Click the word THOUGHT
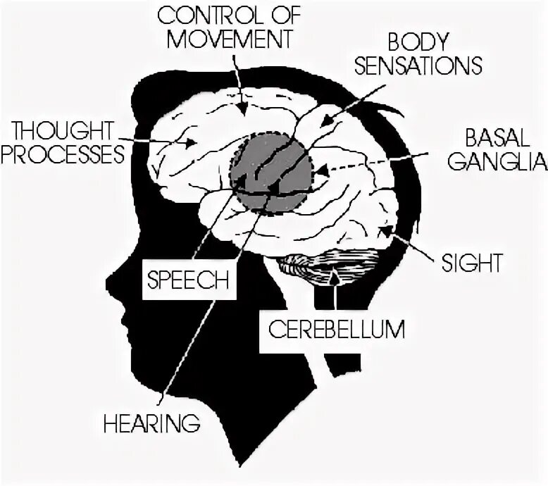tap(63, 130)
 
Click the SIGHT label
tap(471, 263)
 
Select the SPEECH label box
tap(187, 280)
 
